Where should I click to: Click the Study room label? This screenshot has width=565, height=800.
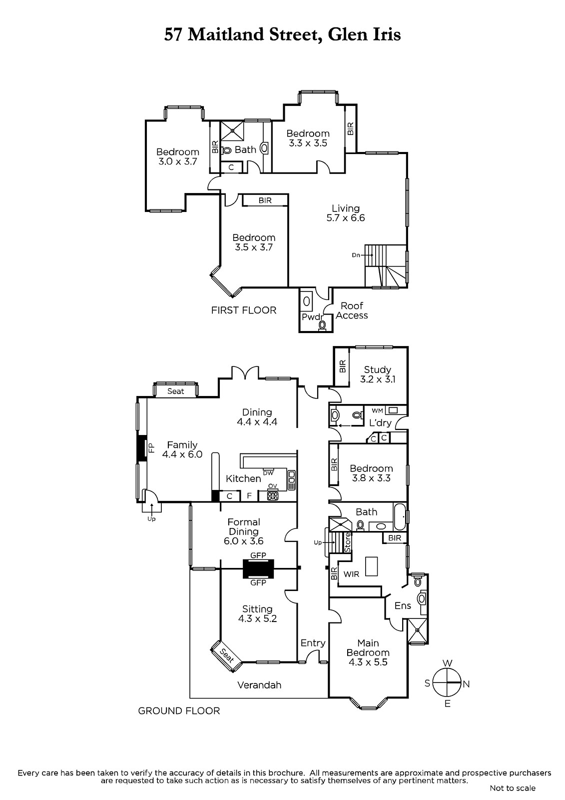[x=377, y=370]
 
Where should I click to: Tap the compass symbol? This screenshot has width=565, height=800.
[x=447, y=683]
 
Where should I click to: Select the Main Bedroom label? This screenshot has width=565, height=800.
[x=368, y=647]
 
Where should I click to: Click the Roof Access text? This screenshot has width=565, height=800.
[x=352, y=310]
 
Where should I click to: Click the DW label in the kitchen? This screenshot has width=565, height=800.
[x=268, y=472]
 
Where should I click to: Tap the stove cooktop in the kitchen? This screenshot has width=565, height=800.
[x=273, y=496]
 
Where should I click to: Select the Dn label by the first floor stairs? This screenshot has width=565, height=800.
[x=356, y=255]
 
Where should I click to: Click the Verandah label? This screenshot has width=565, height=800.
[x=259, y=685]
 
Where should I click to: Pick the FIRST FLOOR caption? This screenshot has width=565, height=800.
[x=243, y=310]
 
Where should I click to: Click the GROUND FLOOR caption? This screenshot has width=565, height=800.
[x=179, y=710]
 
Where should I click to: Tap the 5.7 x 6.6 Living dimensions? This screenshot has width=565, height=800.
[x=346, y=218]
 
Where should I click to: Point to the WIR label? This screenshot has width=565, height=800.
[x=351, y=574]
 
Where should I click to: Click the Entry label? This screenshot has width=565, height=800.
[x=313, y=643]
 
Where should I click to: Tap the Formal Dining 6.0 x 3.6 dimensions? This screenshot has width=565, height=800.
[x=244, y=541]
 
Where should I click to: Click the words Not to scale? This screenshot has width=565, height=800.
[x=513, y=788]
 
